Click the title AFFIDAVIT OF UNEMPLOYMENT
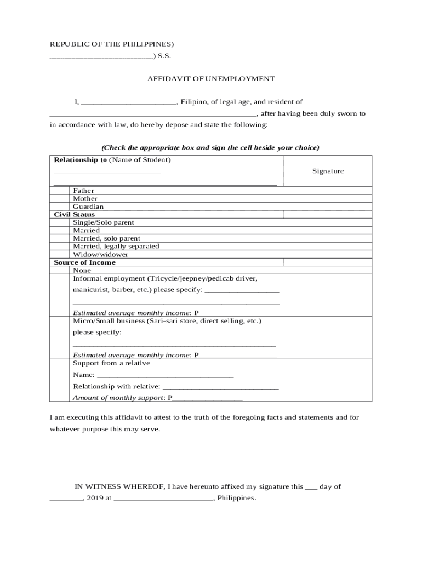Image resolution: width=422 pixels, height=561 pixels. point(211,79)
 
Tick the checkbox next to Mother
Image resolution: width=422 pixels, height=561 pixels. point(60,199)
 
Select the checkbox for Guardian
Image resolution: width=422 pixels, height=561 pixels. point(60,207)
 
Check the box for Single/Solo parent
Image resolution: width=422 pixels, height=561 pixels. point(60,222)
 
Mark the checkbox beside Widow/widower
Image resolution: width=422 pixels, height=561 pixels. point(60,255)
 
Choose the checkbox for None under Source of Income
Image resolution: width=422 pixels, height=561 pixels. point(60,271)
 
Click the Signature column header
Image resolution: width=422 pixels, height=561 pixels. point(328,171)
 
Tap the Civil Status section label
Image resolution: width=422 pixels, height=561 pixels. point(74,215)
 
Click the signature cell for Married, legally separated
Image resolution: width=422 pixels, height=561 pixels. point(328,247)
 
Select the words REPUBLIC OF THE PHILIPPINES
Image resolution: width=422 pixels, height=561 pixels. point(111,44)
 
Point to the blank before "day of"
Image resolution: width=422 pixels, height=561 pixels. point(311,487)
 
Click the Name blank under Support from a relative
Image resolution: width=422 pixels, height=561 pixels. point(165,375)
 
